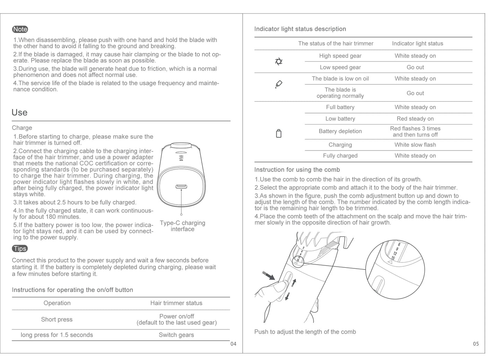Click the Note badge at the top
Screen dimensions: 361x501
pos(20,29)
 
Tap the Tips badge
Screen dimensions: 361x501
pos(20,249)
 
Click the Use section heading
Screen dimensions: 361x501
pos(19,112)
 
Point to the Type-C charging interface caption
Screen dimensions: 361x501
pos(182,226)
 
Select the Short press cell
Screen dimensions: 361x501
pos(57,319)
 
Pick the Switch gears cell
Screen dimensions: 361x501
pos(176,335)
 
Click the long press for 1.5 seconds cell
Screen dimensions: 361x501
pos(57,335)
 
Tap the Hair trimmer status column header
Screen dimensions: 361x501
pos(176,303)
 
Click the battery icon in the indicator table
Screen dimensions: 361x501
pos(278,134)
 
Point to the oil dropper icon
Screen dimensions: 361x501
pos(278,84)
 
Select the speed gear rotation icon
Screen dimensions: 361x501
pos(278,61)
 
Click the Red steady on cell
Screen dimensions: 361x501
pos(415,119)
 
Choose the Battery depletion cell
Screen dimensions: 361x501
pos(340,131)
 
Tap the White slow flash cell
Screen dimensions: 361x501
pos(415,145)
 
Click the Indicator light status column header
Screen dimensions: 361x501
pos(417,43)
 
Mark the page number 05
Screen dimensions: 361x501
pos(476,344)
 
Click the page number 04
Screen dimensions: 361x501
pos(233,344)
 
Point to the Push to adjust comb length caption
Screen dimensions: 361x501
pos(305,332)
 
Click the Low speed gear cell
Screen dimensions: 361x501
pos(340,67)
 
